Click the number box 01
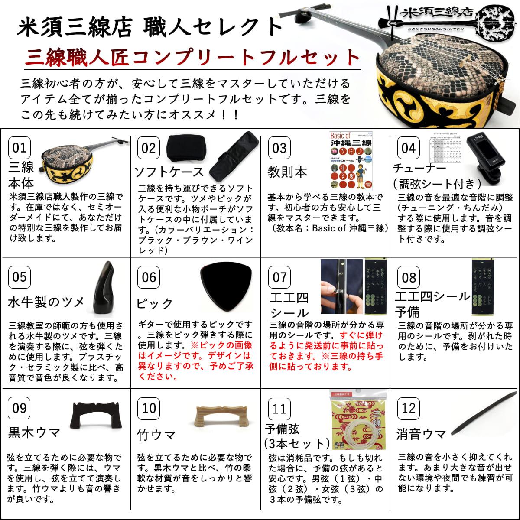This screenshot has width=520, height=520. click(19, 148)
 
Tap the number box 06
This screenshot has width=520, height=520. click(149, 277)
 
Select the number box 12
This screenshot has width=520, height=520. click(409, 408)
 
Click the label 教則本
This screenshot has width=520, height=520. click(287, 172)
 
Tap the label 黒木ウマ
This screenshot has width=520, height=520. click(34, 432)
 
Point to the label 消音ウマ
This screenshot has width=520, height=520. click(420, 433)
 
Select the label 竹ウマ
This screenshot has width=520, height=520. click(156, 434)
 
